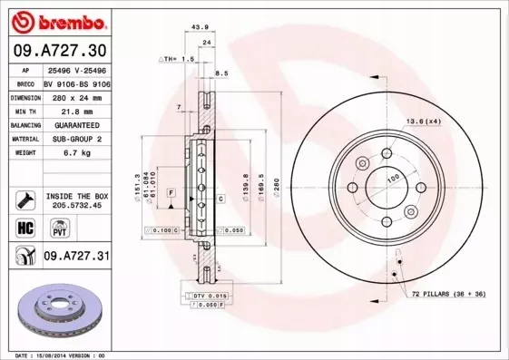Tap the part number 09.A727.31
click(x=75, y=257)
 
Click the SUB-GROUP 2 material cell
click(x=74, y=139)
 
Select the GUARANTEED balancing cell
click(x=74, y=124)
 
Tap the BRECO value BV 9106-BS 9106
click(x=77, y=82)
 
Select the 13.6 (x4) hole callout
click(x=422, y=121)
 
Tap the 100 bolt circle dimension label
click(x=394, y=178)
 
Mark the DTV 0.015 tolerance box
click(x=209, y=296)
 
